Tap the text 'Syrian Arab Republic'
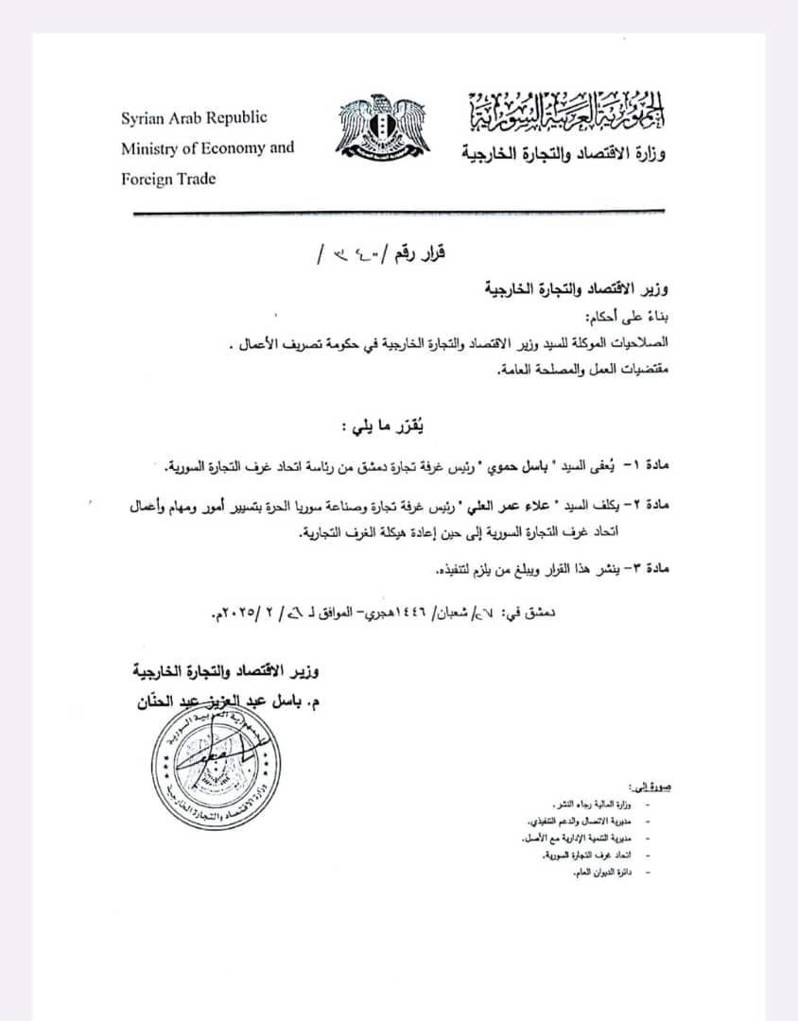(x=194, y=118)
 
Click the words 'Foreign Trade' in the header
(x=168, y=179)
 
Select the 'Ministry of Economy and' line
(x=207, y=148)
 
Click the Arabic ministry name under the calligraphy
(x=564, y=151)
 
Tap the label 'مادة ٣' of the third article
(x=647, y=570)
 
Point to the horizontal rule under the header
(x=397, y=212)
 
